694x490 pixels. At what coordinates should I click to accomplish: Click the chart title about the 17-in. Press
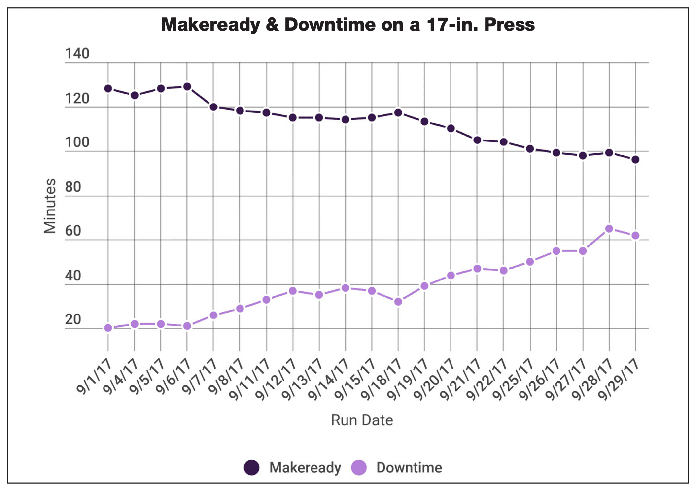pyautogui.click(x=347, y=24)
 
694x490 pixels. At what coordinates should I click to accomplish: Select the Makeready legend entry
pyautogui.click(x=293, y=467)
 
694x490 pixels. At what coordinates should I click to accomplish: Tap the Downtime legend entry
pyautogui.click(x=397, y=467)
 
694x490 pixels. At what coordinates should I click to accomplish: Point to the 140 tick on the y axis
pyautogui.click(x=77, y=54)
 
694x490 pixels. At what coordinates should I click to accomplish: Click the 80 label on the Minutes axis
pyautogui.click(x=73, y=187)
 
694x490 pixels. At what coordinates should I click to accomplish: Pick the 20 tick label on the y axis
pyautogui.click(x=73, y=320)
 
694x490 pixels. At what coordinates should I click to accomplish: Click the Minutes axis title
pyautogui.click(x=50, y=206)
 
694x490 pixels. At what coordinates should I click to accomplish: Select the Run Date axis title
pyautogui.click(x=362, y=420)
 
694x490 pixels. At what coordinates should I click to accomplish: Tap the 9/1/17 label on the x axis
pyautogui.click(x=95, y=377)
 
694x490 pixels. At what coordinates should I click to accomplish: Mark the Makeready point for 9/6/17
pyautogui.click(x=187, y=87)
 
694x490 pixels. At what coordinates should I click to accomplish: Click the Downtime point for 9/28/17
pyautogui.click(x=609, y=229)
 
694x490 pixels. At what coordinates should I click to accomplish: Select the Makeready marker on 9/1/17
pyautogui.click(x=108, y=89)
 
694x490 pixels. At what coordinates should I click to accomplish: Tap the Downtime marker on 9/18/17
pyautogui.click(x=398, y=302)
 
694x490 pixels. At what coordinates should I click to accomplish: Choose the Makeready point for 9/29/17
pyautogui.click(x=636, y=160)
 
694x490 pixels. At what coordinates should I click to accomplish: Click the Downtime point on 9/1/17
pyautogui.click(x=108, y=328)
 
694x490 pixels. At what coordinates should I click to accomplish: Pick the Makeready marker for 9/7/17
pyautogui.click(x=213, y=107)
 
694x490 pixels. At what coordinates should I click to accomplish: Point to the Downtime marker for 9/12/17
pyautogui.click(x=293, y=291)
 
